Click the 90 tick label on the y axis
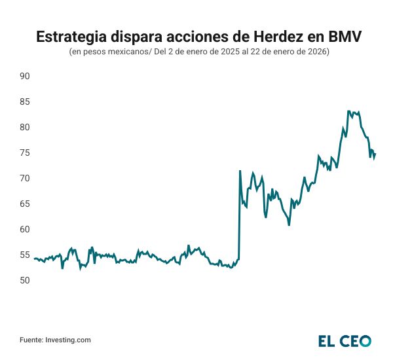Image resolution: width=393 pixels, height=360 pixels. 26,76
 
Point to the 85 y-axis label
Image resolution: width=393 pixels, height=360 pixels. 26,101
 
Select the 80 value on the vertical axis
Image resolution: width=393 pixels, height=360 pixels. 26,127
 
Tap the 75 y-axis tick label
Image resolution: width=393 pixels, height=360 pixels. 26,153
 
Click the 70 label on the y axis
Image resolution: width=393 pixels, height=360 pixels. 26,178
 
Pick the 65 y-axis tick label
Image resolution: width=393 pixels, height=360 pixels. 26,204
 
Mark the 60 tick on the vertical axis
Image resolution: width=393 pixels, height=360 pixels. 26,229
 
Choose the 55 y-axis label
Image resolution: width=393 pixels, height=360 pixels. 26,255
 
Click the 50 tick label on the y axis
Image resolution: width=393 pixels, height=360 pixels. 26,280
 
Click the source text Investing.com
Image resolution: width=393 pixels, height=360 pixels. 67,340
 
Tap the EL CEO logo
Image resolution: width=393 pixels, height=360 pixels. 345,340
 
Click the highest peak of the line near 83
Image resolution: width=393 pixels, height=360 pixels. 348,111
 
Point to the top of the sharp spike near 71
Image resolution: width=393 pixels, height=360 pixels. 240,171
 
